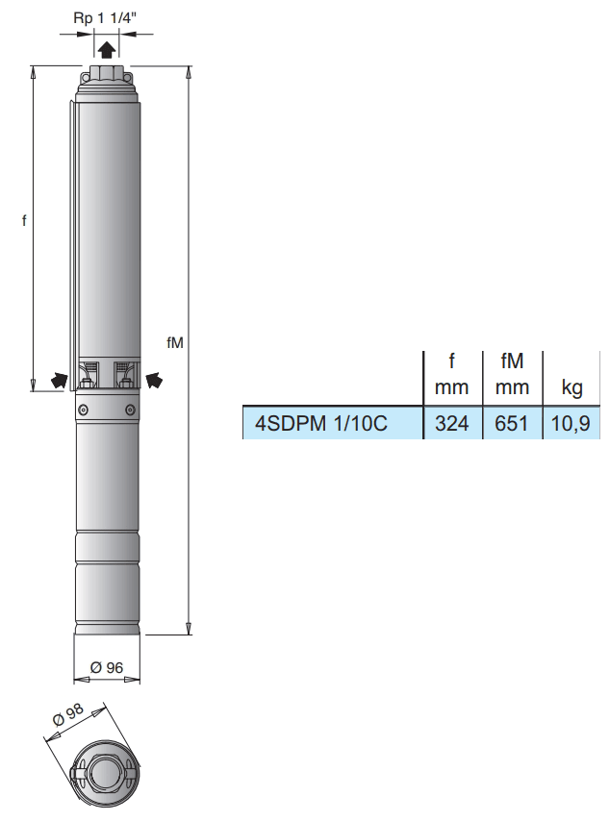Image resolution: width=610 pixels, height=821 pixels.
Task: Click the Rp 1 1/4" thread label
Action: point(106,17)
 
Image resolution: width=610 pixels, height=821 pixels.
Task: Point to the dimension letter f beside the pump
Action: point(24,220)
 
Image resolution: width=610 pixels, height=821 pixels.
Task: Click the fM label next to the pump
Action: point(174,342)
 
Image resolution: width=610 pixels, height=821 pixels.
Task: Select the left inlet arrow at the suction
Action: point(60,379)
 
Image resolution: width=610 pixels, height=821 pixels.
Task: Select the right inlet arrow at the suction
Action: point(154,379)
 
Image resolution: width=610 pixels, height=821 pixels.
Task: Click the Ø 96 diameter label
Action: point(107,667)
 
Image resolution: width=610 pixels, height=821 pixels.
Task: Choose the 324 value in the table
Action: point(451,423)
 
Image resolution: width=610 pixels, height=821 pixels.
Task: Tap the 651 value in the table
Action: point(512,423)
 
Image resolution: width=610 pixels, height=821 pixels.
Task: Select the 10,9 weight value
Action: point(572,423)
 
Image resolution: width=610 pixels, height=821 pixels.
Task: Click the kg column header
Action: point(572,389)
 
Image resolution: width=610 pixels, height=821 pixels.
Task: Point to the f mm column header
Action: point(451,375)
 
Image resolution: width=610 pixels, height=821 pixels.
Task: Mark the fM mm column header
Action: point(512,375)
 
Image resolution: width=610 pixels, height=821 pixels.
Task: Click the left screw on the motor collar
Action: point(84,410)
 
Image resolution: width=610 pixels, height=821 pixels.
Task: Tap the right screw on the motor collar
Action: point(130,410)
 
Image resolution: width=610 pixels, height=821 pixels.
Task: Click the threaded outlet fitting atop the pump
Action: point(106,75)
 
